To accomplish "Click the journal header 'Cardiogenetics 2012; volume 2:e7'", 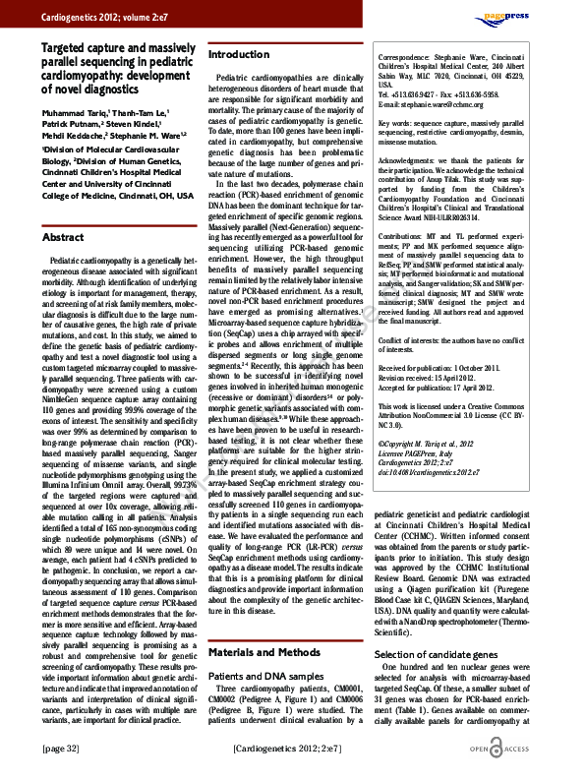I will point(95,17).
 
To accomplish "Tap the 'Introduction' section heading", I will point(238,54).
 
